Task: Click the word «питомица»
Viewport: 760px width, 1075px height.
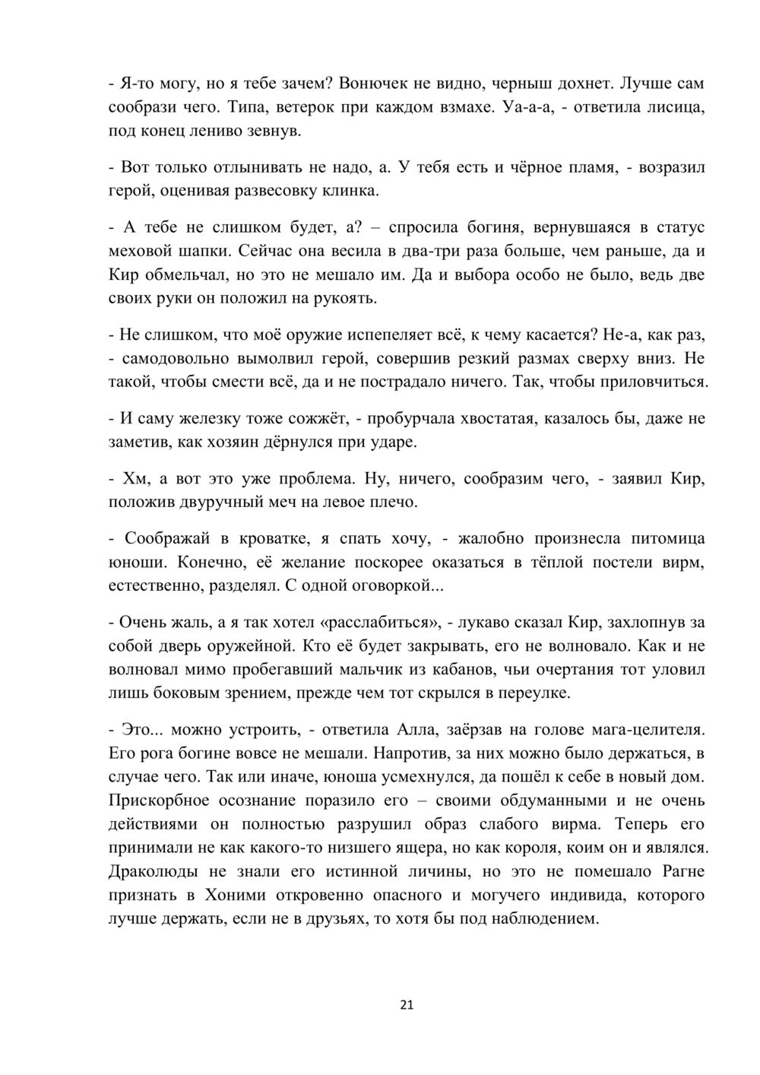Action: (667, 538)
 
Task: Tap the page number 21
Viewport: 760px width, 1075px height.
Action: (406, 1005)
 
